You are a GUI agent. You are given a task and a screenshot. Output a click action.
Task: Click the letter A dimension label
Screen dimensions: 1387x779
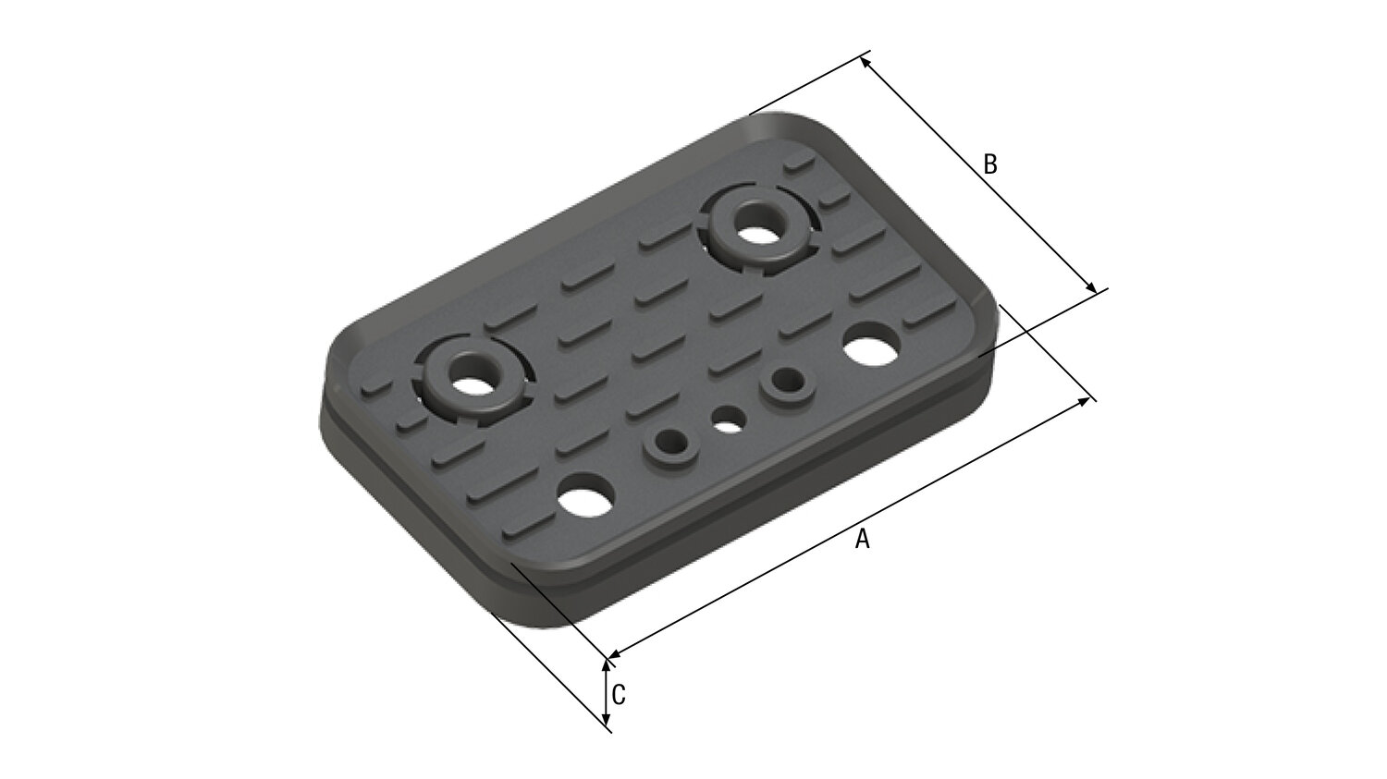[x=862, y=539]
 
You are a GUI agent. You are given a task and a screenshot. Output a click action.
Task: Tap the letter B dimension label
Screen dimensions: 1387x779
[x=990, y=164]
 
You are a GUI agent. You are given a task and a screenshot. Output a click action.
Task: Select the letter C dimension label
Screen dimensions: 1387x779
[x=619, y=695]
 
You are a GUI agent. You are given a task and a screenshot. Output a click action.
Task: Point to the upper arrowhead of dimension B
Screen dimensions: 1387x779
[x=866, y=64]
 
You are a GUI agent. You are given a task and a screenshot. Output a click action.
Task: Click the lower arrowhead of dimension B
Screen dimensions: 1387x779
[x=1092, y=286]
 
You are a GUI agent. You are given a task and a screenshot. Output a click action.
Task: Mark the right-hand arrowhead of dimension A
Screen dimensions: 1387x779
[x=1084, y=401]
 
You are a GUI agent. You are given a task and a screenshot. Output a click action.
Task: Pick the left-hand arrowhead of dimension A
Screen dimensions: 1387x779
[x=615, y=653]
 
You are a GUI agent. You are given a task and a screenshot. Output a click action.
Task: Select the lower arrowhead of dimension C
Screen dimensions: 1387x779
[x=607, y=720]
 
